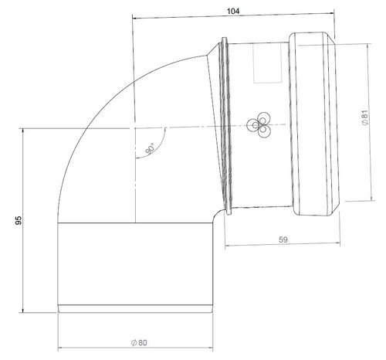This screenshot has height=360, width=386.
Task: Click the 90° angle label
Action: pyautogui.click(x=147, y=147)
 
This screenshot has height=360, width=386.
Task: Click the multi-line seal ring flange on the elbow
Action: pyautogui.click(x=225, y=124)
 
